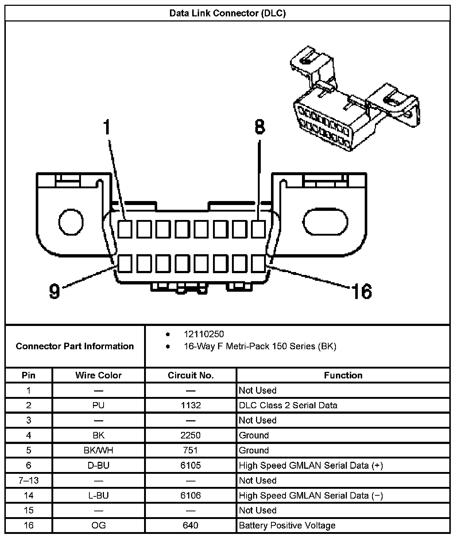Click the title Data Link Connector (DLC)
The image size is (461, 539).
(x=228, y=13)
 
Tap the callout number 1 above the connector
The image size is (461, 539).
(x=107, y=127)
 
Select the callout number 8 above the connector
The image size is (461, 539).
(x=259, y=127)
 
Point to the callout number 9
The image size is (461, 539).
(x=54, y=291)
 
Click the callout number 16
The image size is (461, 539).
(x=361, y=291)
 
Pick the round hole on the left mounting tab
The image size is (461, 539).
(x=71, y=222)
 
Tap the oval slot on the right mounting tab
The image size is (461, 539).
(x=326, y=222)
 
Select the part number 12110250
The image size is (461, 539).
(x=204, y=334)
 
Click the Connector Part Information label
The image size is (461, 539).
(x=75, y=346)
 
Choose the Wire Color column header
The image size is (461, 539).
(x=98, y=375)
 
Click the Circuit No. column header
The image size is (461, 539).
(x=190, y=375)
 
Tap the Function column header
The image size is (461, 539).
(x=343, y=375)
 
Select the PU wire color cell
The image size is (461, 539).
(x=98, y=405)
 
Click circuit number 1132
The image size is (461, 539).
(x=190, y=405)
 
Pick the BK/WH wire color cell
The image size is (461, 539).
(x=98, y=451)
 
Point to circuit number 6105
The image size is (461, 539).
(x=190, y=465)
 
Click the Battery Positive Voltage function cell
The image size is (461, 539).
(x=287, y=526)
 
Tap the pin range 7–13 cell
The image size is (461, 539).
(x=28, y=480)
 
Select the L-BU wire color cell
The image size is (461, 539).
(x=98, y=495)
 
